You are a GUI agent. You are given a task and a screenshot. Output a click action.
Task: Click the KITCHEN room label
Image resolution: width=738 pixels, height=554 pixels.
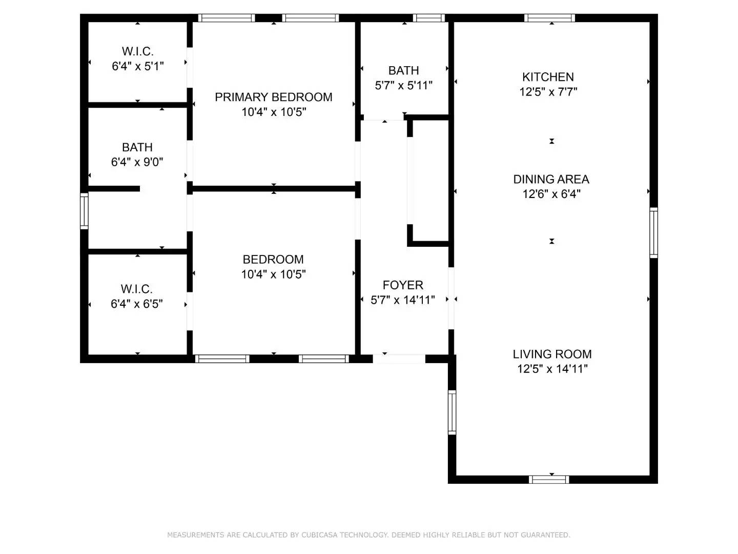pyautogui.click(x=548, y=77)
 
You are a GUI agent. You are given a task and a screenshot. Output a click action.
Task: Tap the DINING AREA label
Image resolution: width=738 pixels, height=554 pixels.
pyautogui.click(x=551, y=179)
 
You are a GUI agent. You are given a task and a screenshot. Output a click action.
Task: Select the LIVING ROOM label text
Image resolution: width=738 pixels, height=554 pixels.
pyautogui.click(x=552, y=354)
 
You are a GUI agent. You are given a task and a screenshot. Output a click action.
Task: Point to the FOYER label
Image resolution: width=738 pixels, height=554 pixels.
pyautogui.click(x=403, y=285)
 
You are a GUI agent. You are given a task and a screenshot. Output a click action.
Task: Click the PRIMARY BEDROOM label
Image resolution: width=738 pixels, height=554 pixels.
pyautogui.click(x=273, y=97)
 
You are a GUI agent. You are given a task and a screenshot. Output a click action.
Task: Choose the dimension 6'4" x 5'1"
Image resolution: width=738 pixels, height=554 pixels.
pyautogui.click(x=137, y=66)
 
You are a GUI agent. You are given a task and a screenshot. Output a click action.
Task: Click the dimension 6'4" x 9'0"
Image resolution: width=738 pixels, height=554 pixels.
pyautogui.click(x=137, y=162)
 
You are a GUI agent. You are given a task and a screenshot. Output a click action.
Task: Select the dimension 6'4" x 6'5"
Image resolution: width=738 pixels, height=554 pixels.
pyautogui.click(x=136, y=304)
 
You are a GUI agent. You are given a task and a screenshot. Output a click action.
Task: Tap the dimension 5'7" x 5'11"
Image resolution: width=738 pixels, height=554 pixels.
pyautogui.click(x=403, y=86)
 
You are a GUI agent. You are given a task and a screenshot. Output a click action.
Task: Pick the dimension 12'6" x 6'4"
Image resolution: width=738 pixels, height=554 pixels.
pyautogui.click(x=551, y=194)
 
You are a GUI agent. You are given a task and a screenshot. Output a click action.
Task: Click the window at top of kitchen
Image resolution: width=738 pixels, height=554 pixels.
pyautogui.click(x=549, y=18)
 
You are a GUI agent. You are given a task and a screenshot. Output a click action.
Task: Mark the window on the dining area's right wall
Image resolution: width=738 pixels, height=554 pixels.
pyautogui.click(x=653, y=232)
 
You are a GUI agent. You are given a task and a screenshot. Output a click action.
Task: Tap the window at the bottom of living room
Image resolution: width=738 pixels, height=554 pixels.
pyautogui.click(x=549, y=480)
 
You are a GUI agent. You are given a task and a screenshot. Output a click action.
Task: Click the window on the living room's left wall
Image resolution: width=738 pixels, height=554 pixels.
pyautogui.click(x=452, y=412)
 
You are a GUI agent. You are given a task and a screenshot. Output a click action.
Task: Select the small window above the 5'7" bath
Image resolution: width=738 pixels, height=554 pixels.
pyautogui.click(x=428, y=18)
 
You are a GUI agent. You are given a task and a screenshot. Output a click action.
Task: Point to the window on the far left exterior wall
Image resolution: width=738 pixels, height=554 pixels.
pyautogui.click(x=84, y=210)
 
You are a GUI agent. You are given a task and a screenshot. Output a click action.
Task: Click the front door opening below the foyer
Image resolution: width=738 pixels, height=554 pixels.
pyautogui.click(x=399, y=359)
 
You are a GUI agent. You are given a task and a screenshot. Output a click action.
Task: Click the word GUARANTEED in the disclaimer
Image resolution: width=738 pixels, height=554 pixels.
pyautogui.click(x=545, y=535)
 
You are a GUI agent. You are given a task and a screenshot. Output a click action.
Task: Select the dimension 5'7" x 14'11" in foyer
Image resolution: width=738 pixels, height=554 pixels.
pyautogui.click(x=403, y=300)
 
